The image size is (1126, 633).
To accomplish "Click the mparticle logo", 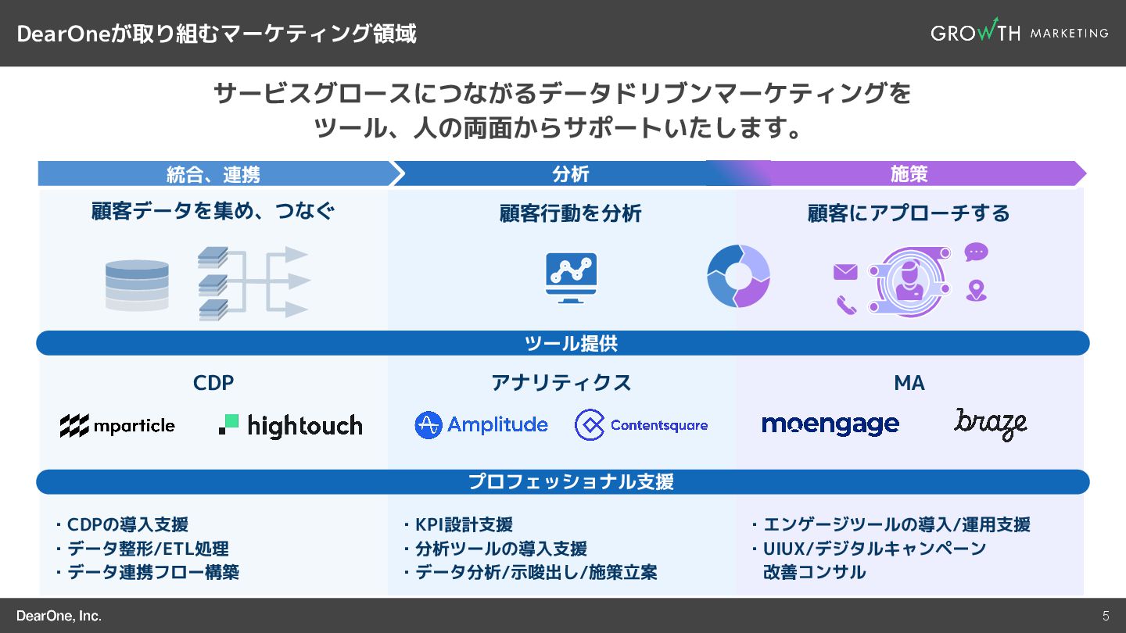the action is [117, 426].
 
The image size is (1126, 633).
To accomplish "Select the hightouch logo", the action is [290, 425].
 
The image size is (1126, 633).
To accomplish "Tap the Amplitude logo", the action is [481, 425].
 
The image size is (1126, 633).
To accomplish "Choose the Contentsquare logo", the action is [641, 425].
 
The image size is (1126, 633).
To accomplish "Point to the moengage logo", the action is [830, 425].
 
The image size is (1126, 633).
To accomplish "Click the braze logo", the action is [990, 424].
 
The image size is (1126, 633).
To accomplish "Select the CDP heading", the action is [213, 383].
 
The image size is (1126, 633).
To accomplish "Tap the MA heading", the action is [909, 383].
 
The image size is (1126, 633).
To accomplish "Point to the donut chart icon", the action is [738, 277].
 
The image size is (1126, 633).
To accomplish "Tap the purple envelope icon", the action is [845, 272].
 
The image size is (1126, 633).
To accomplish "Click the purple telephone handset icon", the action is [846, 304].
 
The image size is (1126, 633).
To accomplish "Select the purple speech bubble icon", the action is [976, 252].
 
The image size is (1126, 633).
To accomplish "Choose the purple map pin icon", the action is [976, 291].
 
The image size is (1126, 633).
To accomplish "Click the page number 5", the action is [1106, 616].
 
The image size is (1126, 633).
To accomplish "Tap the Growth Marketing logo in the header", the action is [1019, 33].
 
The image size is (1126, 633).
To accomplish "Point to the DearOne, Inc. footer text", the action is [59, 616].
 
